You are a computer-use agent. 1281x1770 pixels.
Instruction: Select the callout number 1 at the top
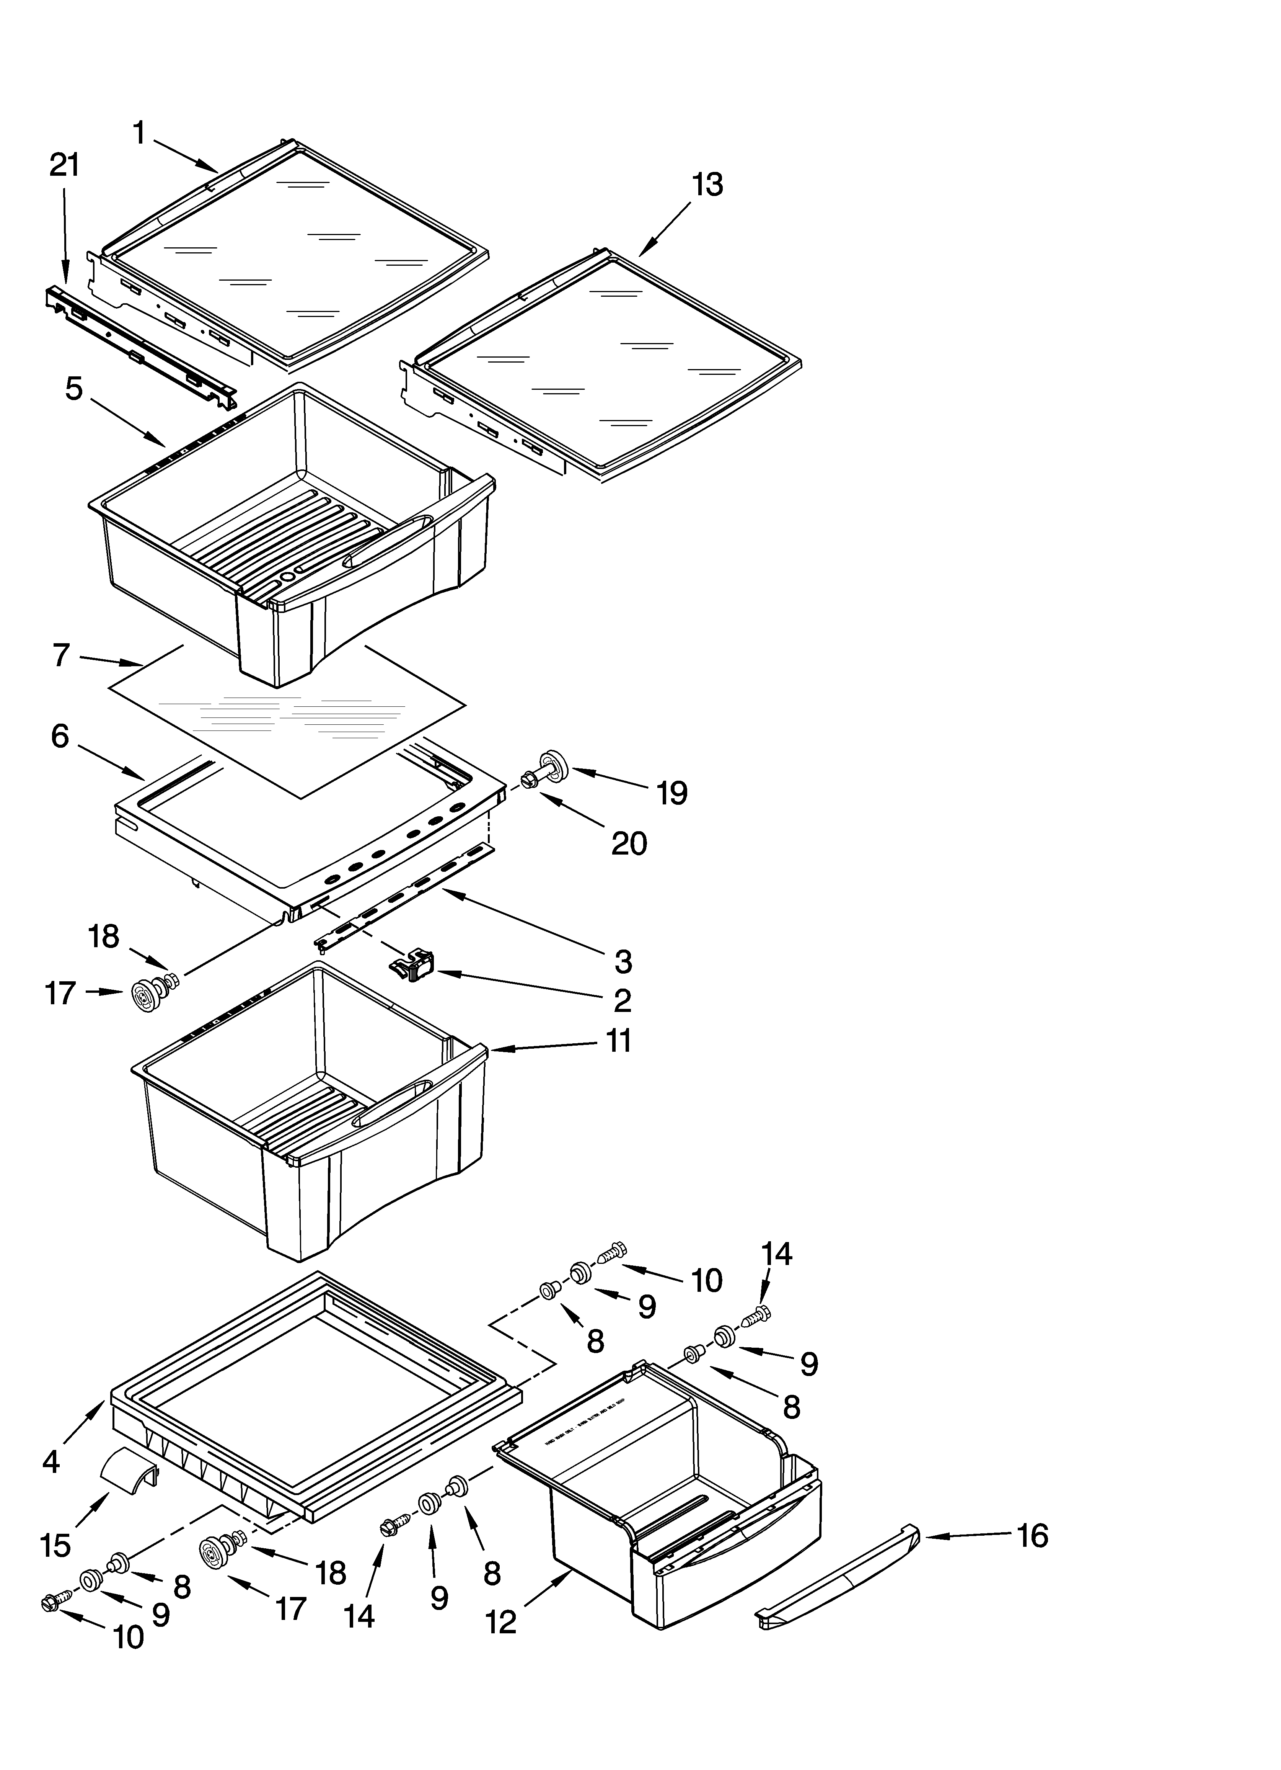click(139, 134)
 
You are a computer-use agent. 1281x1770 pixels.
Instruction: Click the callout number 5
click(74, 389)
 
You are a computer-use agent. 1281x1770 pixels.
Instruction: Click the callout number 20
click(629, 843)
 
